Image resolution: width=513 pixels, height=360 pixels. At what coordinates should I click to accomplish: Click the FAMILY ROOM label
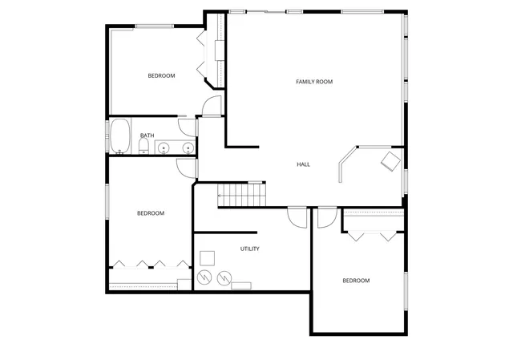[314, 82]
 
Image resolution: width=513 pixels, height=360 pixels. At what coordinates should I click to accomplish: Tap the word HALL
[304, 164]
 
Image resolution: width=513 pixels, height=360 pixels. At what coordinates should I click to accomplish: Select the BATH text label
[147, 136]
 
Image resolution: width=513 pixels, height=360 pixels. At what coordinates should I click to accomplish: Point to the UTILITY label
[249, 249]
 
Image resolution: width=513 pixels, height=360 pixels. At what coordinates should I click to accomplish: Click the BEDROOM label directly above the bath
[161, 76]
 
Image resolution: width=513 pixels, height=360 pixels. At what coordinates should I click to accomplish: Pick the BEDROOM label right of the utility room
[356, 281]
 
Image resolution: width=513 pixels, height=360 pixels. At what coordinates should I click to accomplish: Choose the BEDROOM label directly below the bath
[150, 213]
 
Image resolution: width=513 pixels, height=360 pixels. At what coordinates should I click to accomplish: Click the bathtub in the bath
[120, 136]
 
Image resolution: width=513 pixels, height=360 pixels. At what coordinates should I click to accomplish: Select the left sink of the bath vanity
[164, 148]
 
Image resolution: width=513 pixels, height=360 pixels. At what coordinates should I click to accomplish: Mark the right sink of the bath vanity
[188, 148]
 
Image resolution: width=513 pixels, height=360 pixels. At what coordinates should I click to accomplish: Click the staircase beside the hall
[241, 195]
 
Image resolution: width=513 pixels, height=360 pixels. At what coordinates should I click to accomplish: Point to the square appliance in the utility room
[207, 257]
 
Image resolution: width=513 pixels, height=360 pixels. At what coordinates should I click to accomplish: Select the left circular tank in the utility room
[204, 277]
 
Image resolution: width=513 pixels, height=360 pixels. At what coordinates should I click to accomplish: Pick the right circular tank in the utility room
[222, 277]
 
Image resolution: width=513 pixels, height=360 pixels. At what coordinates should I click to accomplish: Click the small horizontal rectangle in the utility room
[240, 284]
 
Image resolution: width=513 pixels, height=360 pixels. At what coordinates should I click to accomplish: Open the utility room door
[297, 217]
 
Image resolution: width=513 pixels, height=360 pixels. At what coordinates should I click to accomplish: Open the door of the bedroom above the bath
[212, 106]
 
